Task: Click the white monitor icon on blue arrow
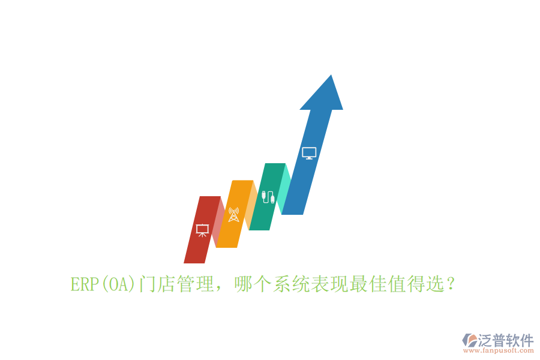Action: point(309,153)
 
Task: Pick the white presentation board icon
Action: point(202,230)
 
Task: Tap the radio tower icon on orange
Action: point(233,214)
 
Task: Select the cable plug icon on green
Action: point(268,196)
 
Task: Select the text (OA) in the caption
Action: point(117,284)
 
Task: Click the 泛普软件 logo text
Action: point(505,340)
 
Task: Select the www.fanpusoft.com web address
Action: point(497,351)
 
